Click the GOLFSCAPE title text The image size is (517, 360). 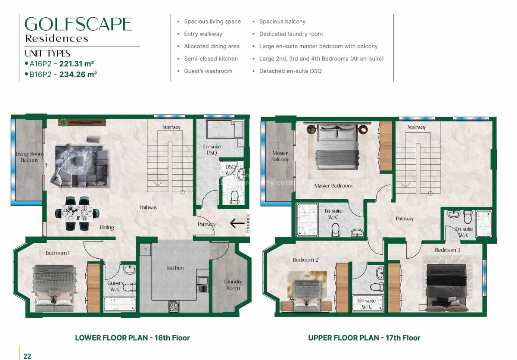78,24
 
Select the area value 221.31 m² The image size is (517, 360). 77,64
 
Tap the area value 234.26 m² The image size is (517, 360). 78,74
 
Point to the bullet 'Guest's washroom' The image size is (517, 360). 208,71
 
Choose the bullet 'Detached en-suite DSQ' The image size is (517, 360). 290,71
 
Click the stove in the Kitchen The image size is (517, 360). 174,307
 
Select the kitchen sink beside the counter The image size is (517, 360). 202,284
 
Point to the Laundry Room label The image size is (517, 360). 233,285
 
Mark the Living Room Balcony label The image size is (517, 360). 29,157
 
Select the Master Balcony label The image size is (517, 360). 280,156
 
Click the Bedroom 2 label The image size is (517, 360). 305,260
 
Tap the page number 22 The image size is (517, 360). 27,356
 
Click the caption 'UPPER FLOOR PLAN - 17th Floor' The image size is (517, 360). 364,338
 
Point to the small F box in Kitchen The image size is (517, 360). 146,250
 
